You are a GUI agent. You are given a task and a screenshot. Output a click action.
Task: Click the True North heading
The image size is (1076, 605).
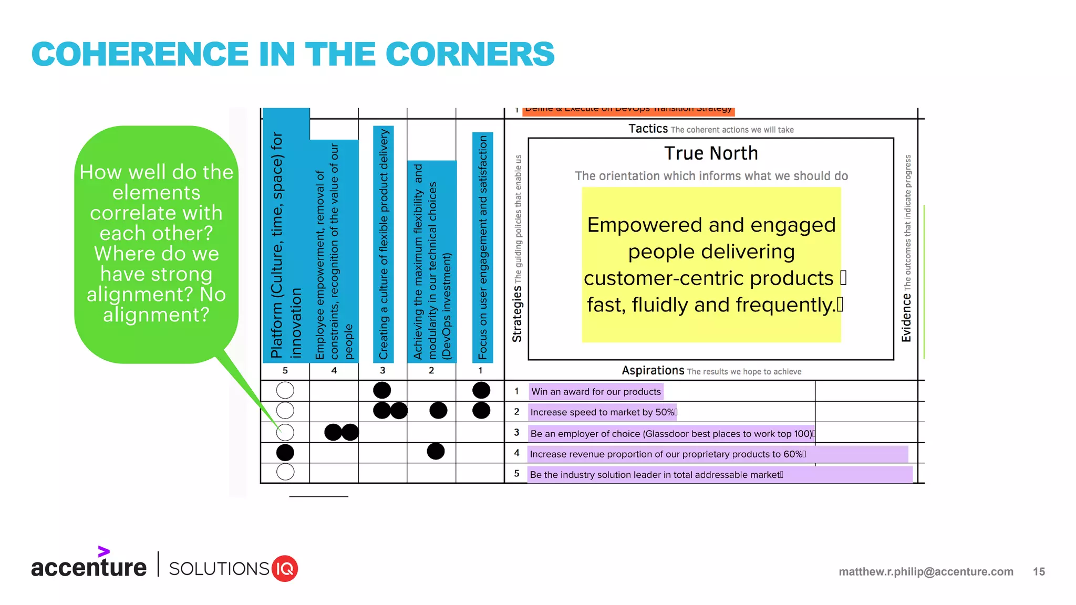click(710, 153)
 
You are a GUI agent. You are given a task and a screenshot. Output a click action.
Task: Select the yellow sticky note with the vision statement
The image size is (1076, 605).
click(711, 265)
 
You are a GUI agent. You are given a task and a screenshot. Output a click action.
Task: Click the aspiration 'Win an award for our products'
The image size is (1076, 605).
click(596, 392)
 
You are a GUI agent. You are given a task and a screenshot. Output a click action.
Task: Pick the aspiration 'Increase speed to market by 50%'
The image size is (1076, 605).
click(603, 412)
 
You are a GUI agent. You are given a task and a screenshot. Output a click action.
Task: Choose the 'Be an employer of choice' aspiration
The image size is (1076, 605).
click(671, 434)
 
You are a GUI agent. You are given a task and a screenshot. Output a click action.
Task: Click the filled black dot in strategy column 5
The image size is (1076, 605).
click(285, 452)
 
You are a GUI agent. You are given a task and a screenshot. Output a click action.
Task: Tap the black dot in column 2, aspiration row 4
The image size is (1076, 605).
click(436, 451)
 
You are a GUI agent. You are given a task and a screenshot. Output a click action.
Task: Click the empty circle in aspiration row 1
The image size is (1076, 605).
click(285, 390)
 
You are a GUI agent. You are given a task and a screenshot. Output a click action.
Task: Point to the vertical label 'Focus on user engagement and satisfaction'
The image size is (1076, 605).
click(482, 247)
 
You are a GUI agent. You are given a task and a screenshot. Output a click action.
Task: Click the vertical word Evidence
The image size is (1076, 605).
click(906, 318)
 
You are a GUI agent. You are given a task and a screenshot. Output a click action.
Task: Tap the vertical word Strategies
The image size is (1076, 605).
click(517, 314)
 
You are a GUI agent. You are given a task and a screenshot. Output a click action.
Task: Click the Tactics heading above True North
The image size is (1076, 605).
click(648, 129)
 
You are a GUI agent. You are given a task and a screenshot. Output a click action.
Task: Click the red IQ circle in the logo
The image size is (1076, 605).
click(285, 569)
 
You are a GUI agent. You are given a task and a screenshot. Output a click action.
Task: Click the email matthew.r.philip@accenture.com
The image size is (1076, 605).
click(926, 572)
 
